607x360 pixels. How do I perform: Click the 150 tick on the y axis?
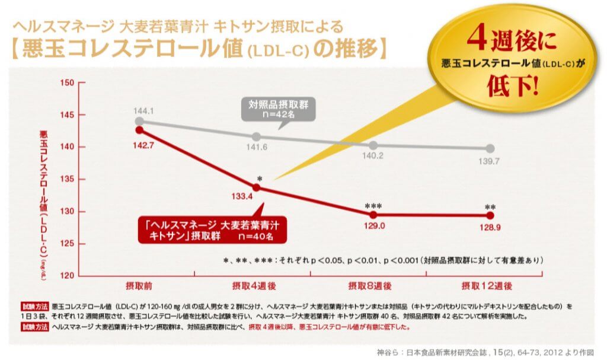[66, 82]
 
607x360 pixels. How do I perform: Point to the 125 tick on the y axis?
[66, 244]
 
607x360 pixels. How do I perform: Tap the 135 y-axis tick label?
[66, 179]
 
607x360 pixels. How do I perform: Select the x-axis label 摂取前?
[139, 286]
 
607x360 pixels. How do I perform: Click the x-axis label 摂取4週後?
[254, 286]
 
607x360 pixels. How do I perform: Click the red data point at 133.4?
[257, 187]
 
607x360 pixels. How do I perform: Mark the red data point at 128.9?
[490, 215]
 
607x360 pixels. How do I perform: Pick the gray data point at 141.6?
[257, 137]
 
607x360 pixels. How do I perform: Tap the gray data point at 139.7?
[490, 148]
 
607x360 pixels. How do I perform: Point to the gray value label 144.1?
[144, 111]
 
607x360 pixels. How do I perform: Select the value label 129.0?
[373, 226]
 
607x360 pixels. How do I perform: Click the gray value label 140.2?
[373, 157]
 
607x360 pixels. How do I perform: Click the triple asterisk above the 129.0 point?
[373, 206]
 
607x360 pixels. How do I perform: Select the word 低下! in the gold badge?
[513, 87]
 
